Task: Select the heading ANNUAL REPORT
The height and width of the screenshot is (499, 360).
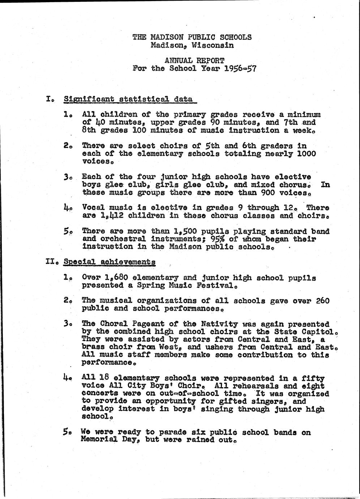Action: point(194,60)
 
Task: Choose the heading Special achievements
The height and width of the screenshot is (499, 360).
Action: point(110,261)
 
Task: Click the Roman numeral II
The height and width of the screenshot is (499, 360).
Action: point(50,261)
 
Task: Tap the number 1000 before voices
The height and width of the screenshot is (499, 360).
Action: point(307,153)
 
